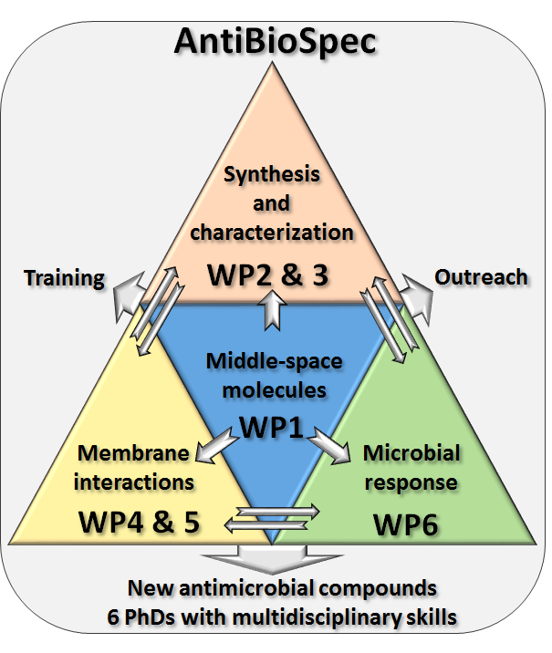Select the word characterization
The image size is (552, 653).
pos(274,232)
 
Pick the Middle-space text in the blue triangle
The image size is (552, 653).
pos(274,362)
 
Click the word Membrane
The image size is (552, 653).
pos(133,453)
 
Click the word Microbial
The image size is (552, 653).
pos(411,453)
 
